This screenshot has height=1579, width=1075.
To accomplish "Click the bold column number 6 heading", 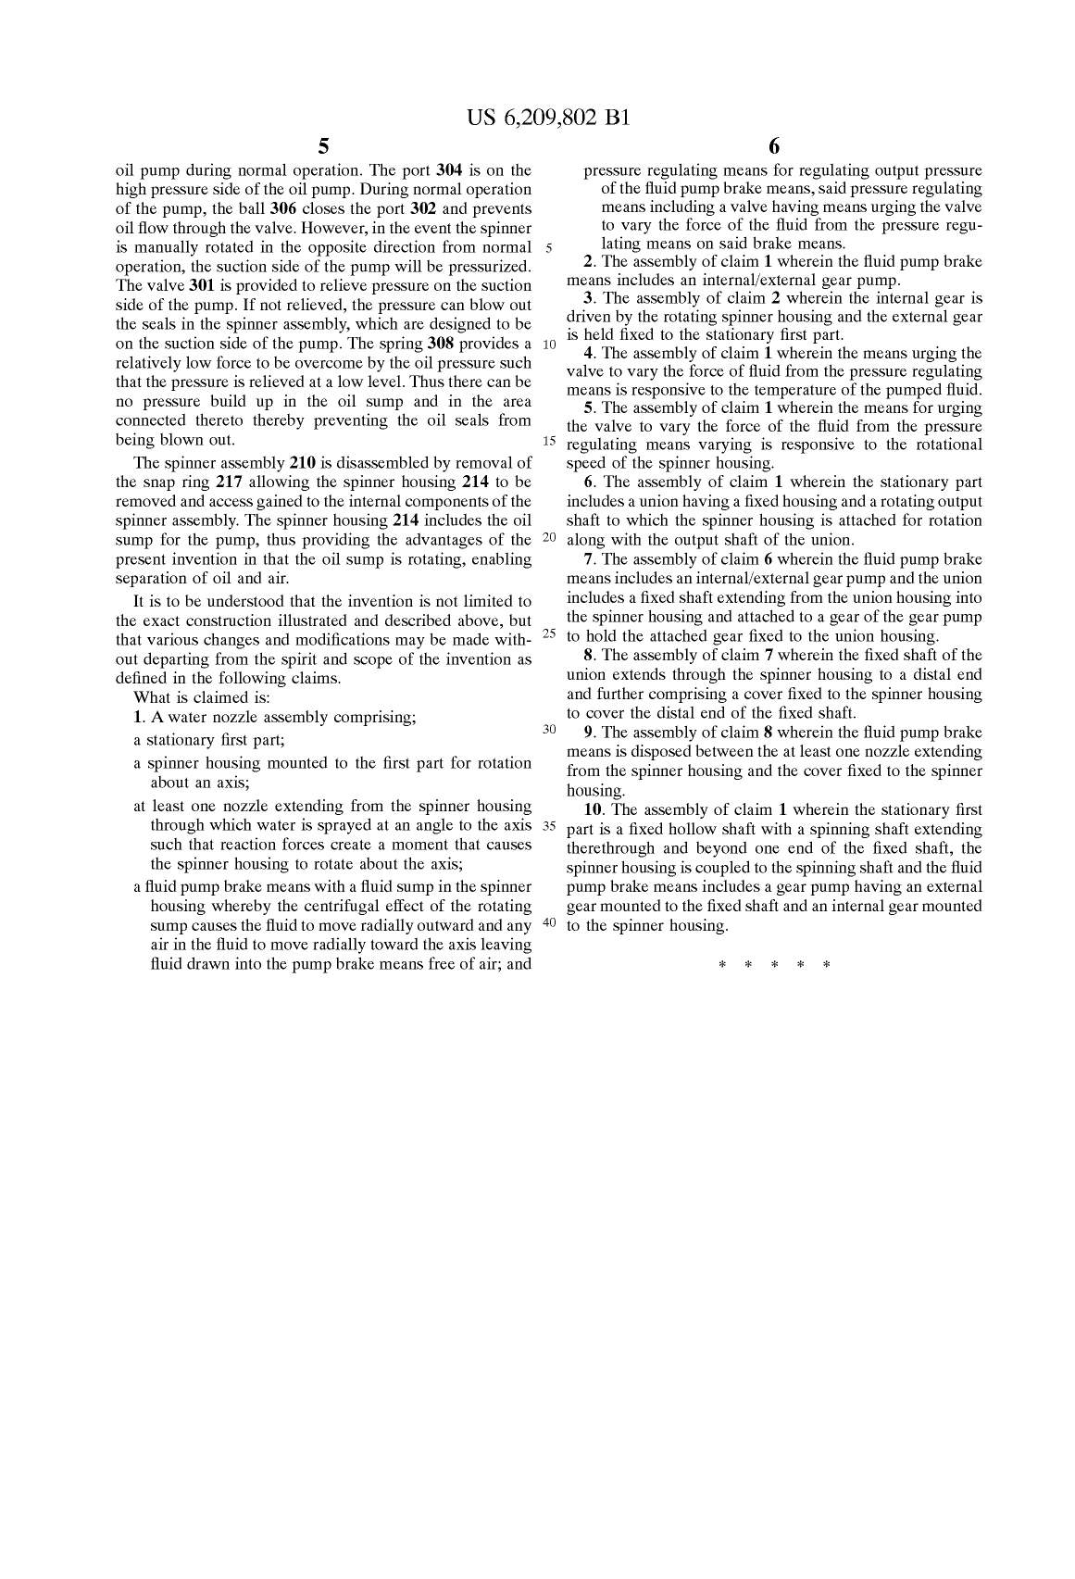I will (774, 146).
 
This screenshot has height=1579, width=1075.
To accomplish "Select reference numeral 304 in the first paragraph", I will (449, 170).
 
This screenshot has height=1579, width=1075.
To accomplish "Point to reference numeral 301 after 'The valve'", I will (203, 286).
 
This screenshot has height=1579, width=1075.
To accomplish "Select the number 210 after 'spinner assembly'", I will (303, 463).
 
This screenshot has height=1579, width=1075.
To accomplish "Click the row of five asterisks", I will (774, 965).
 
